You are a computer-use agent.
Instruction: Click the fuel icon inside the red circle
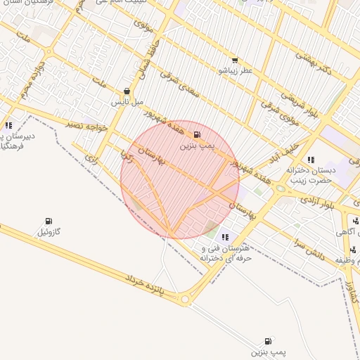coord(196,135)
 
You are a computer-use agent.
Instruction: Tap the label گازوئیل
coord(49,231)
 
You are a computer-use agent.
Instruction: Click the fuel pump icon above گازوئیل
coord(49,221)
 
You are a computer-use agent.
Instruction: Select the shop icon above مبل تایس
coord(127,91)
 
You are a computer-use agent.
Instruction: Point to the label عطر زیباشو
coord(234,71)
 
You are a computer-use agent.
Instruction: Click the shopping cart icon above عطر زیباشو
coord(234,60)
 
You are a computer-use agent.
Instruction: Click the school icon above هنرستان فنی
coord(225,238)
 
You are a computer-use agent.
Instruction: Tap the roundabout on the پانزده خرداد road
coord(186,300)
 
